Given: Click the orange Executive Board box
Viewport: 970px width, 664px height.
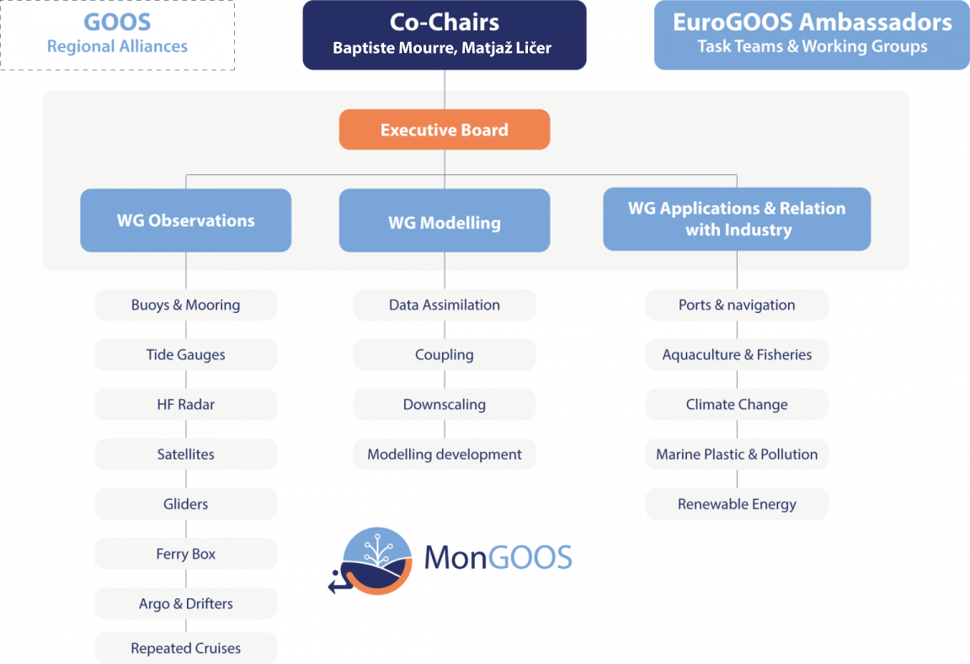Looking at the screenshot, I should click(x=445, y=130).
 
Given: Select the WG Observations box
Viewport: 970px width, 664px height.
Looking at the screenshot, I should click(x=185, y=220).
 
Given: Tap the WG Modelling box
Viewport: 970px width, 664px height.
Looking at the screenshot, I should click(x=445, y=222).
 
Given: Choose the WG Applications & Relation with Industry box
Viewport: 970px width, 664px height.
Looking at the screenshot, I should click(x=737, y=219).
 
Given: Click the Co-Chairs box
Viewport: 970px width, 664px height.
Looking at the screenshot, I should click(x=445, y=34).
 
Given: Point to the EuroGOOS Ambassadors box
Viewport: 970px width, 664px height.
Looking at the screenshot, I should click(x=812, y=34).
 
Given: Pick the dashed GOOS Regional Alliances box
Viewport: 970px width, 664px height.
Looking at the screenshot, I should click(x=117, y=34).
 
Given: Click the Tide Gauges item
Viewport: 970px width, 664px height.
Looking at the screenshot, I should click(x=185, y=354).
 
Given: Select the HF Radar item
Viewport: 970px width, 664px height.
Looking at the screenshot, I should click(x=185, y=404).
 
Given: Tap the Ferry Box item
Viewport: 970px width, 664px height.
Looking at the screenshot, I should click(x=185, y=554).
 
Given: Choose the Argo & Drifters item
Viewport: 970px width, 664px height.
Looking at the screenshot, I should click(x=185, y=603).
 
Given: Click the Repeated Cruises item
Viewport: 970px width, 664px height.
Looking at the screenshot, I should click(x=185, y=648).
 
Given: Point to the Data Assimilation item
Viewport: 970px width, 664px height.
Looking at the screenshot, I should click(x=445, y=305).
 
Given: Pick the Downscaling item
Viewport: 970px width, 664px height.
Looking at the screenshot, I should click(x=445, y=404).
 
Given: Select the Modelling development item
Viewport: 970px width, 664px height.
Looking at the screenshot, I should click(x=445, y=454).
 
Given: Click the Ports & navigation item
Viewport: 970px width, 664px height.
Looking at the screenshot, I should click(x=737, y=305).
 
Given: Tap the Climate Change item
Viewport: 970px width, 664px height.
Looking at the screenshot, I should click(x=737, y=404).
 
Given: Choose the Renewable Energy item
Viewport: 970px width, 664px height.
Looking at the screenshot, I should click(x=737, y=504).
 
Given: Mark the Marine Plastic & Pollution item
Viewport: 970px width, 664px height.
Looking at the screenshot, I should click(x=737, y=454).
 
